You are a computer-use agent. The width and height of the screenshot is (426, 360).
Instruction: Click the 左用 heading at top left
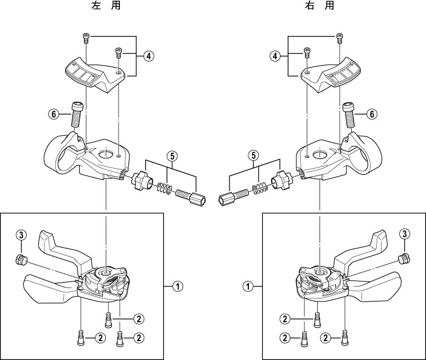(x=106, y=5)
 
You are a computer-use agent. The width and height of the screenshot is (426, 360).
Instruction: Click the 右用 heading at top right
(x=319, y=5)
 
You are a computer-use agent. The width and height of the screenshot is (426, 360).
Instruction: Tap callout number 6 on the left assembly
(x=54, y=114)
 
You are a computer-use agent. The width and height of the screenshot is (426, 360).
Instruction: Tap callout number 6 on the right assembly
(x=372, y=114)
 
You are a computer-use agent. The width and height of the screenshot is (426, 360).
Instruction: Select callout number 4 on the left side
(x=148, y=56)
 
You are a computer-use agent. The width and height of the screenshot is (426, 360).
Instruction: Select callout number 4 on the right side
(x=275, y=56)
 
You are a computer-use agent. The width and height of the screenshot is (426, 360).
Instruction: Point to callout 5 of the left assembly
(x=172, y=156)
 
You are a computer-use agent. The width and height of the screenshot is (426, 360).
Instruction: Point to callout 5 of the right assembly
(x=254, y=155)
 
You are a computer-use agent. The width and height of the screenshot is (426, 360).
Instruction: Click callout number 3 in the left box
(x=21, y=235)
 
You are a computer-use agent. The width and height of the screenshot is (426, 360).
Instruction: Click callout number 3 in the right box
(x=405, y=233)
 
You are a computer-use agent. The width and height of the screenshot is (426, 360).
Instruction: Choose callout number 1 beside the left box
(x=178, y=286)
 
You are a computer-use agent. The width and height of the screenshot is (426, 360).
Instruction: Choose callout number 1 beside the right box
(x=248, y=286)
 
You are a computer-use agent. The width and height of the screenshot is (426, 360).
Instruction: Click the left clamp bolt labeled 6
(x=76, y=114)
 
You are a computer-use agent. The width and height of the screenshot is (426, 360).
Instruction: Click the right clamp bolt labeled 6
(x=349, y=114)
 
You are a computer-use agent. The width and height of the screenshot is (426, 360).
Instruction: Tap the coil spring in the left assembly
(x=164, y=188)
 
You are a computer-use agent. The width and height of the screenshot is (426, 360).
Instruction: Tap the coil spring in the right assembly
(x=260, y=188)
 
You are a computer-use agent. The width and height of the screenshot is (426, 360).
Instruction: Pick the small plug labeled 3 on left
(x=21, y=259)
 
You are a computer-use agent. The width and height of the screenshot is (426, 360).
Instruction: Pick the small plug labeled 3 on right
(x=405, y=258)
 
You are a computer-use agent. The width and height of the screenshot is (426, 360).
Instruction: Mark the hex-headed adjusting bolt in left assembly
(x=190, y=198)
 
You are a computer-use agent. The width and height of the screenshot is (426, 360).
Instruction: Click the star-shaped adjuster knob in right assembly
(x=281, y=181)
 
